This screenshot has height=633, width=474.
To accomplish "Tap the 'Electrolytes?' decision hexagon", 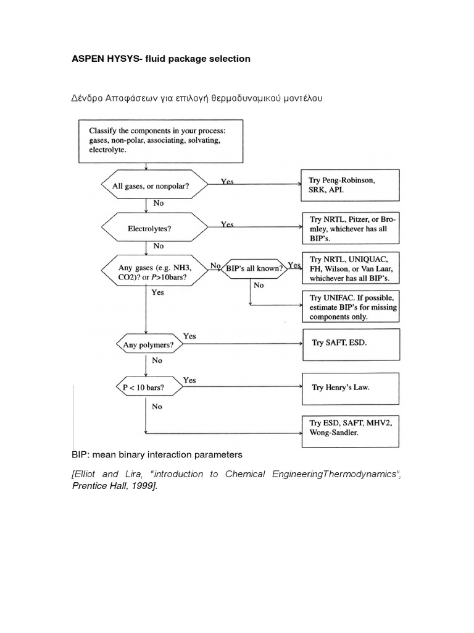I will (x=149, y=228).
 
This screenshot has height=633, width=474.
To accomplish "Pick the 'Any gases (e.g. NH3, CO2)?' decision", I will (x=154, y=273).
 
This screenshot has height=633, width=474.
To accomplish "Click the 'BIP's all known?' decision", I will (x=254, y=268).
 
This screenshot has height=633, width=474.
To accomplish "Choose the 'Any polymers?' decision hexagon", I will (x=148, y=345).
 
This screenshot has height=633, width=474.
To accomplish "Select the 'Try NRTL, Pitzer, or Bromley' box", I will (x=350, y=228).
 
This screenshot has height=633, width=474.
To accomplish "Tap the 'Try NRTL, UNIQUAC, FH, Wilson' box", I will (x=350, y=268).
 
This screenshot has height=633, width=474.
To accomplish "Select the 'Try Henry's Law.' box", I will (x=350, y=388).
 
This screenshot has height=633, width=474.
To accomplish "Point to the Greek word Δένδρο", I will (x=88, y=98).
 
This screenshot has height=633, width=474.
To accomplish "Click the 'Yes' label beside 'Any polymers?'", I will (x=189, y=336).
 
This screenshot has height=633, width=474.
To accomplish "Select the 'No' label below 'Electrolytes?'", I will (x=158, y=246).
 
